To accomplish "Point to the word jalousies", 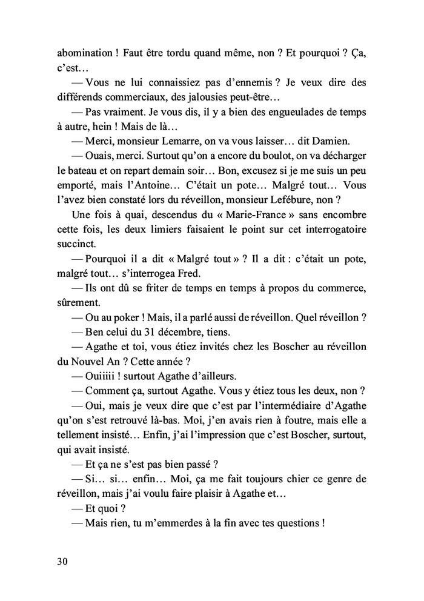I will [x=232, y=97].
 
